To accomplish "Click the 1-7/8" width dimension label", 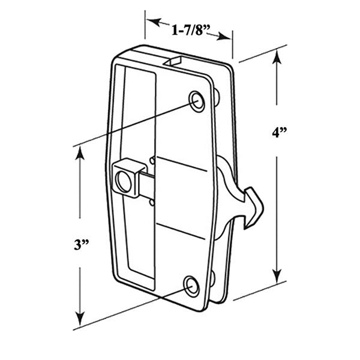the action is point(191,30).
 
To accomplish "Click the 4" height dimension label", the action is point(280,133).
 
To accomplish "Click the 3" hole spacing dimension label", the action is point(82,245).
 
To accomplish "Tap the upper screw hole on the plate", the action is point(197,102).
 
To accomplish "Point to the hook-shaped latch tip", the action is point(254,208).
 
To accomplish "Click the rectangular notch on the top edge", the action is point(173,62).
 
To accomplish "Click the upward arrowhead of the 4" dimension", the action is point(277,57).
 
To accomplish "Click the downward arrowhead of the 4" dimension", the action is point(277,276).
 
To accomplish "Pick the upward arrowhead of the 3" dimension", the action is point(80,152).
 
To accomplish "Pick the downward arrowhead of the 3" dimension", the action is point(80,318).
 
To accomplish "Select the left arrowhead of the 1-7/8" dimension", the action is point(154,22).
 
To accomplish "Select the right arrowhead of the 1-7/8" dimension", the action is point(224,36).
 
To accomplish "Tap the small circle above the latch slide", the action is point(152,160).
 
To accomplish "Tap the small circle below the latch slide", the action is point(152,203).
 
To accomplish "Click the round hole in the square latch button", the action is point(124,181).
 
